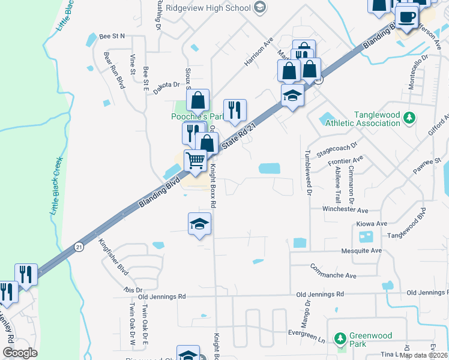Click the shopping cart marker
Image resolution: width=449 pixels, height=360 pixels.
tap(196, 161)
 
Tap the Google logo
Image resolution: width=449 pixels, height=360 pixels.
tap(20, 353)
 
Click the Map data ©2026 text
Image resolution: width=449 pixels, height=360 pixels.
tap(424, 355)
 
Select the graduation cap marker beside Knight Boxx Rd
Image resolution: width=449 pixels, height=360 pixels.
tap(200, 224)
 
